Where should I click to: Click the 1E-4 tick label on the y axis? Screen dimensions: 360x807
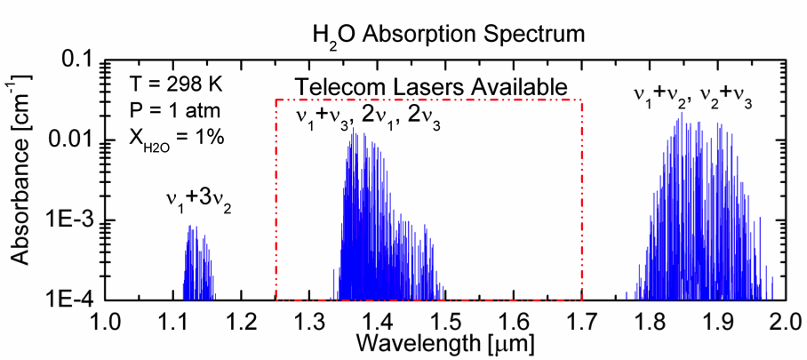pos(70,300)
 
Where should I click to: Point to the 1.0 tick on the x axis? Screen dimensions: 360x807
pos(106,319)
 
